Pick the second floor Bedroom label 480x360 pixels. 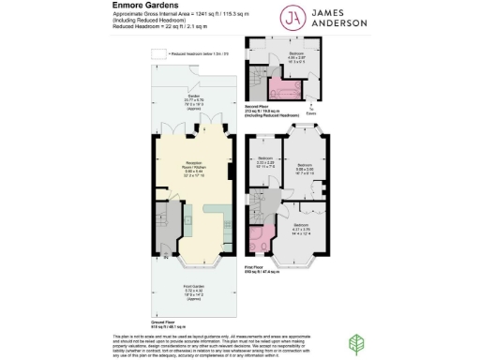click(x=296, y=57)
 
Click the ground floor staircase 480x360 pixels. click(x=164, y=226)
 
